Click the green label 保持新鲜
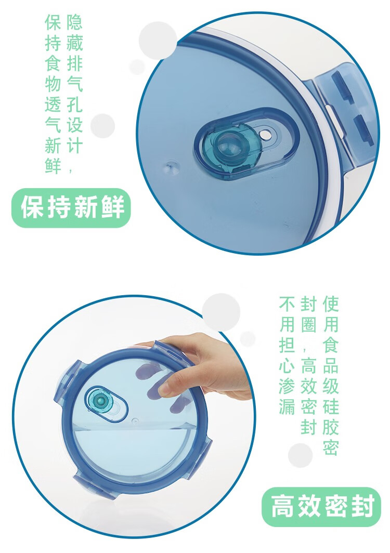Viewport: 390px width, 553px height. pyautogui.click(x=72, y=208)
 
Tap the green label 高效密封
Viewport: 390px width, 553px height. pyautogui.click(x=322, y=506)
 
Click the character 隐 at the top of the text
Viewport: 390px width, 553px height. pyautogui.click(x=74, y=22)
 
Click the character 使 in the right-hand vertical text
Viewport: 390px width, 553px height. pyautogui.click(x=331, y=304)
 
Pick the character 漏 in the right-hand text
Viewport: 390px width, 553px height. pyautogui.click(x=287, y=406)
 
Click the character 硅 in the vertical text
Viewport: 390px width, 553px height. pyautogui.click(x=331, y=406)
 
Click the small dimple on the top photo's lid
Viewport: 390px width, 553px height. pyautogui.click(x=173, y=167)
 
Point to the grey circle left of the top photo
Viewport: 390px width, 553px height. pyautogui.click(x=103, y=126)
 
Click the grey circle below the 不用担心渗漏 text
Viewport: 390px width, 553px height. pyautogui.click(x=301, y=455)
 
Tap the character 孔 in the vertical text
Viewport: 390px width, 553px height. pyautogui.click(x=74, y=104)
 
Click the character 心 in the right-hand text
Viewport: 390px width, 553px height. pyautogui.click(x=287, y=366)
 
